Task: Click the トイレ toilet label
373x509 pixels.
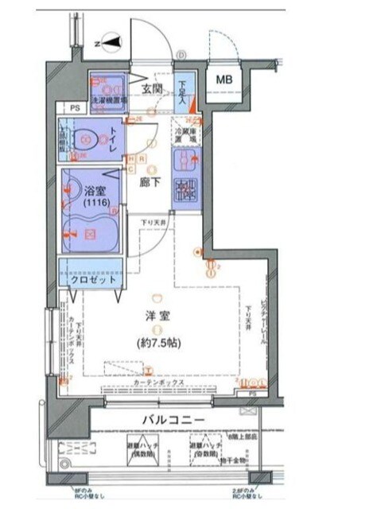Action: point(114,137)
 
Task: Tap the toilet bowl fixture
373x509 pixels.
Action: point(85,140)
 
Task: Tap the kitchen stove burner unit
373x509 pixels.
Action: point(185,188)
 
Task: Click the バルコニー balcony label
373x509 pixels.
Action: point(174,419)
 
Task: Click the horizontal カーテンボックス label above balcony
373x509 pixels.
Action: point(158,383)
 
